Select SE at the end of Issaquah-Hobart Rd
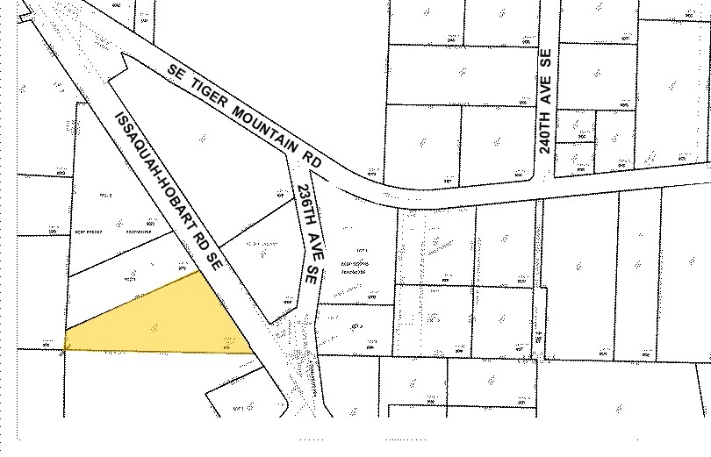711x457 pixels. pyautogui.click(x=213, y=261)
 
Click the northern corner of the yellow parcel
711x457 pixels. pyautogui.click(x=199, y=272)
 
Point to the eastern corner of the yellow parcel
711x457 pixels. pyautogui.click(x=254, y=353)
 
